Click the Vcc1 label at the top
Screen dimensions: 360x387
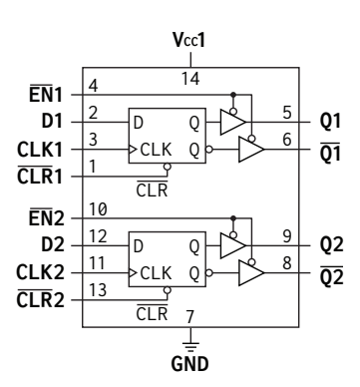pyautogui.click(x=189, y=40)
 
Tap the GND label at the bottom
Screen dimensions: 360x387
pyautogui.click(x=189, y=364)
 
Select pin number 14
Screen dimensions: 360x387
pyautogui.click(x=190, y=79)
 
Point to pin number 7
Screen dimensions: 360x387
pyautogui.click(x=189, y=316)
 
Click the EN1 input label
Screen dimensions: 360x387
pyautogui.click(x=46, y=94)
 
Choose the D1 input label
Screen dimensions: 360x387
pyautogui.click(x=52, y=121)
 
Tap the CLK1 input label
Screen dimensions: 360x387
pyautogui.click(x=40, y=150)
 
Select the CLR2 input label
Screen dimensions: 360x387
pyautogui.click(x=40, y=299)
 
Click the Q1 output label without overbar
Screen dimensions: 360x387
pyautogui.click(x=330, y=121)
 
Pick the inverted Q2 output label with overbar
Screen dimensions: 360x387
pyautogui.click(x=331, y=276)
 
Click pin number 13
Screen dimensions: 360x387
pyautogui.click(x=98, y=290)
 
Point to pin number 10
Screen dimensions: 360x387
pyautogui.click(x=98, y=209)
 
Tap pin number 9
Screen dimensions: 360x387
pyautogui.click(x=287, y=236)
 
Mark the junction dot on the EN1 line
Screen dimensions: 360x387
pyautogui.click(x=233, y=95)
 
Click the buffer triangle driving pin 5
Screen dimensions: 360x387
pyautogui.click(x=232, y=122)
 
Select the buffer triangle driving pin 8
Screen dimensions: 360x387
pyautogui.click(x=251, y=273)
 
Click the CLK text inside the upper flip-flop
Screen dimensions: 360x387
pyautogui.click(x=156, y=150)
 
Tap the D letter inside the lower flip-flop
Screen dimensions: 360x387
pyautogui.click(x=138, y=246)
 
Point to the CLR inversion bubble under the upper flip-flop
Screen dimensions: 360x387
pyautogui.click(x=168, y=167)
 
